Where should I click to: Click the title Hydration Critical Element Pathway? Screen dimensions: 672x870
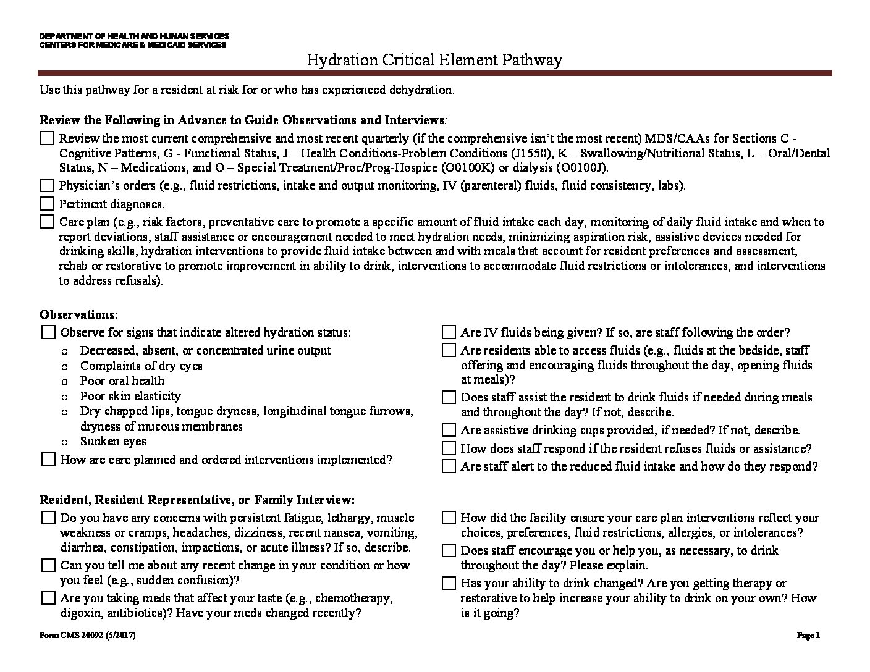point(434,60)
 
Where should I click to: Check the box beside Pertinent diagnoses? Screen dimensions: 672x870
point(47,203)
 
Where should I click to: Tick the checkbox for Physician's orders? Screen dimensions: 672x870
point(47,185)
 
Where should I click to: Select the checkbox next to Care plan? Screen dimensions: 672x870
point(47,221)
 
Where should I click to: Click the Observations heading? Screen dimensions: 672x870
point(78,314)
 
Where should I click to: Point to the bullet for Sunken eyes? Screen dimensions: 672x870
point(65,442)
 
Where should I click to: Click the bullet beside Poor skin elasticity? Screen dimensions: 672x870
point(65,397)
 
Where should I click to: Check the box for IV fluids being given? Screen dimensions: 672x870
point(449,332)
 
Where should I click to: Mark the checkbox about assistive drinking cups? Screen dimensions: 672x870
point(449,430)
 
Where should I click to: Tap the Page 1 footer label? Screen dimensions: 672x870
point(808,635)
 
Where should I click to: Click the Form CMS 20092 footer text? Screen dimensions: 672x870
point(87,635)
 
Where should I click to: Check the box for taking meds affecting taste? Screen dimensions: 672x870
point(48,598)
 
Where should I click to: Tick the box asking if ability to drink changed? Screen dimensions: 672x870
point(449,583)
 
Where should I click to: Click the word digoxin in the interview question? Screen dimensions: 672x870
point(81,613)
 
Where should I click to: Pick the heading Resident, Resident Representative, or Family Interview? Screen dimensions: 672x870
point(197,500)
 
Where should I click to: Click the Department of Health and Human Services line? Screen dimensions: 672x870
point(134,36)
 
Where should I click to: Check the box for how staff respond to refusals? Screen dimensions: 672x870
point(449,448)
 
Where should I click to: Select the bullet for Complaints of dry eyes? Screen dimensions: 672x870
point(65,366)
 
